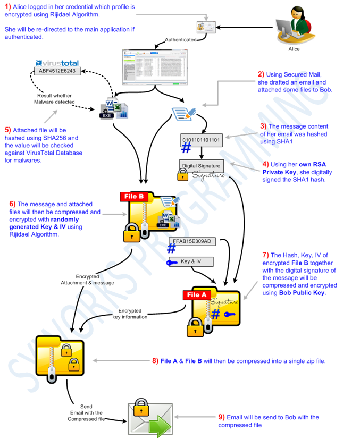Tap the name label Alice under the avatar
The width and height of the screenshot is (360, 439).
click(x=294, y=49)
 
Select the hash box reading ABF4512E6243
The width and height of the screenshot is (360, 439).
click(x=57, y=70)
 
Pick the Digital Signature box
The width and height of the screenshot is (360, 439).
click(x=200, y=165)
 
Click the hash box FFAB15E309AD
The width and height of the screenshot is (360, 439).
click(x=192, y=241)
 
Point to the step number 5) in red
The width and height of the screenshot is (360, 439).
click(x=8, y=130)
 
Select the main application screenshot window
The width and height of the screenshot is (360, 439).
click(x=155, y=66)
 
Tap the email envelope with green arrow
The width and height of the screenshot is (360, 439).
click(x=149, y=416)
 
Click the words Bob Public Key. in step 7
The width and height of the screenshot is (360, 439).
click(x=302, y=293)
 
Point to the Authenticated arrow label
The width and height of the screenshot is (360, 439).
click(x=180, y=40)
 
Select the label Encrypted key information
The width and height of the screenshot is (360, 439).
click(x=130, y=314)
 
